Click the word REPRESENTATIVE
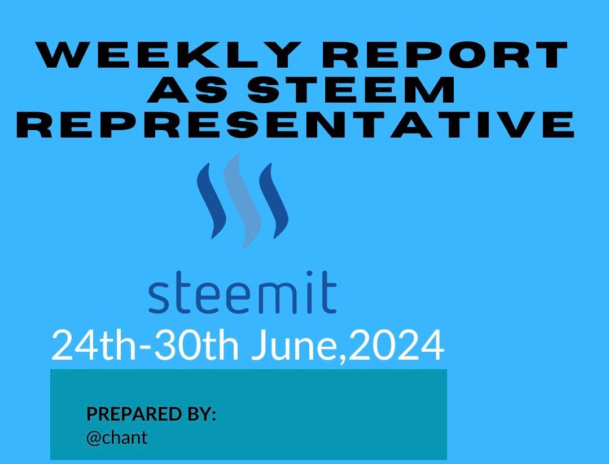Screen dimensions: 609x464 [296, 124]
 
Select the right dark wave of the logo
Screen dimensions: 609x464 [273, 201]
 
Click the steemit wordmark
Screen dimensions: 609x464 [242, 293]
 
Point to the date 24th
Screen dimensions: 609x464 [94, 345]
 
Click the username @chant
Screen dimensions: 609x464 [117, 438]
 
